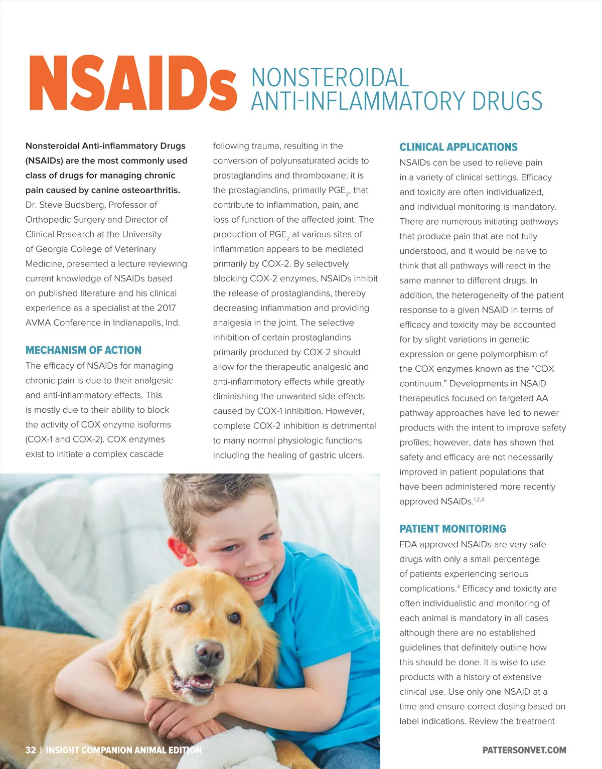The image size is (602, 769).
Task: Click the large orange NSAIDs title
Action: [132, 83]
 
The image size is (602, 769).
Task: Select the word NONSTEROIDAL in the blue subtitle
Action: [330, 78]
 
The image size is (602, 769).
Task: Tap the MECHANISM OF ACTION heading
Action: [83, 350]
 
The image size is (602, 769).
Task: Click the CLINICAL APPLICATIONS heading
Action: [458, 147]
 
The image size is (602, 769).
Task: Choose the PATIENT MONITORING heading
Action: [453, 529]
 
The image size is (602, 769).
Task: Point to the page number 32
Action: [31, 750]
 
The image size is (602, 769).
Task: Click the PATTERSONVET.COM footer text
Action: [524, 750]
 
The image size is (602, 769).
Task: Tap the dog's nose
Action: [209, 652]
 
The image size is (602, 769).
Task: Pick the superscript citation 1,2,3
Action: [479, 500]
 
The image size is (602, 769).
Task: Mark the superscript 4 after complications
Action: [459, 586]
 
